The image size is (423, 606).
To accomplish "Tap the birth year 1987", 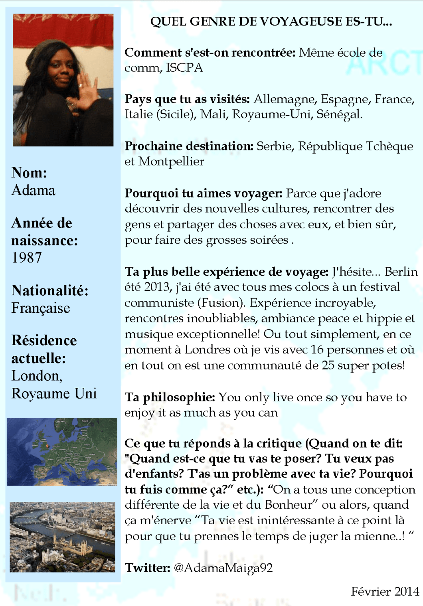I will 26,258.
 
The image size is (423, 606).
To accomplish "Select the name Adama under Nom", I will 34,190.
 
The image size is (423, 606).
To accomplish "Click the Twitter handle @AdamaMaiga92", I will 223,568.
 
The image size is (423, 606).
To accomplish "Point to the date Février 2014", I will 385,591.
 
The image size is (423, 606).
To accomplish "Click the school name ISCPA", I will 184,68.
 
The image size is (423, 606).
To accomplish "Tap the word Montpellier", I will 171,162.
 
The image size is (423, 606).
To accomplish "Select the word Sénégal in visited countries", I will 339,114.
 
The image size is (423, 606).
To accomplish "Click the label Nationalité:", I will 50,290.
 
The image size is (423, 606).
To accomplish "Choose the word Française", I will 41,308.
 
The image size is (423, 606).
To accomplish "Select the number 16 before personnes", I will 317,350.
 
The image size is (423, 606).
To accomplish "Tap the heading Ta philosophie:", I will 170,397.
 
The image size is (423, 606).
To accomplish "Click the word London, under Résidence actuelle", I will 37,376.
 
